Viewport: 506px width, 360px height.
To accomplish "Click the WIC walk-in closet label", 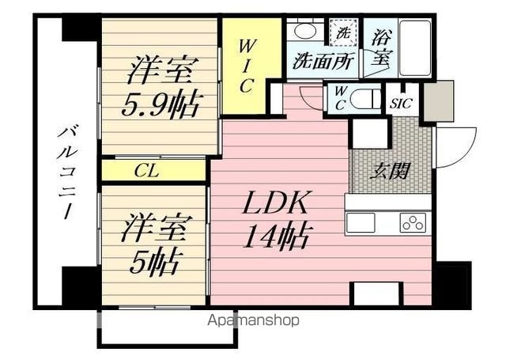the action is coord(246,66).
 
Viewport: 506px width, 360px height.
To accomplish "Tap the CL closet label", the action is coord(147,171).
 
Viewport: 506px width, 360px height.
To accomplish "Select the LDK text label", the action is coord(275,203).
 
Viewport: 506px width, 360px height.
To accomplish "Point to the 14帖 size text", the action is coord(278,237).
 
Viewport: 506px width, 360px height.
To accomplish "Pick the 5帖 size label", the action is coord(154,263).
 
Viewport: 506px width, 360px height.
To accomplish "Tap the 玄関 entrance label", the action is coord(390,171).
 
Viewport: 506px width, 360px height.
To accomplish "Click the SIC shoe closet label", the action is coord(401,104).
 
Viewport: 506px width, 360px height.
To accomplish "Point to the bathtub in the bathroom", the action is coord(415,47).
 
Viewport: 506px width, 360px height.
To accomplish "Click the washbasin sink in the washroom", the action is coord(305,32).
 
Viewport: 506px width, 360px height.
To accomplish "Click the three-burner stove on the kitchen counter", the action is coord(413,223).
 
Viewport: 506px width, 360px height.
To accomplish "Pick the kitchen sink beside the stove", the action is coord(361,223).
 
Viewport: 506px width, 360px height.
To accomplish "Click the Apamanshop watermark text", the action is coord(253,320).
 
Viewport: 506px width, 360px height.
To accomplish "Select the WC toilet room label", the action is coord(339,99).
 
